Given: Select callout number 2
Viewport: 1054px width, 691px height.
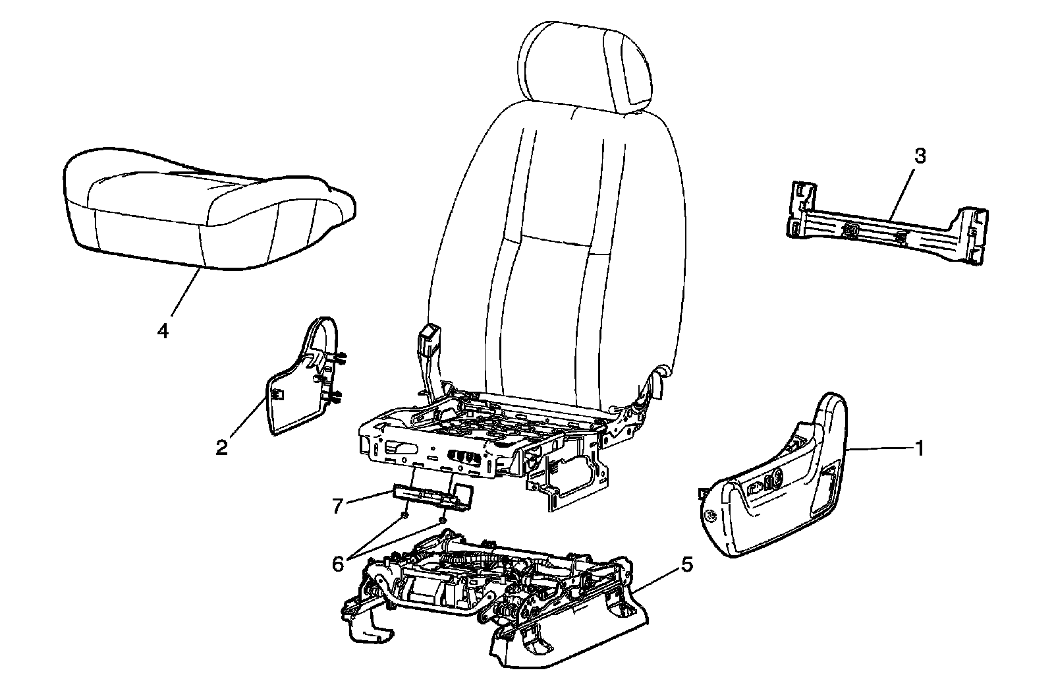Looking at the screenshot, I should point(221,448).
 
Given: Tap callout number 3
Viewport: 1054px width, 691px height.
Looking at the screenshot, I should point(920,156).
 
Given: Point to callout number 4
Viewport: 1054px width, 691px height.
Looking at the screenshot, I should point(163,330).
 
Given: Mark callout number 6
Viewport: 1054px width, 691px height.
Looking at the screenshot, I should point(338,564).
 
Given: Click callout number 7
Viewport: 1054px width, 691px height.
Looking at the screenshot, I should point(338,507).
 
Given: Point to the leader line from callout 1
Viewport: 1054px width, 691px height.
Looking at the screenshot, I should point(879,449).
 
